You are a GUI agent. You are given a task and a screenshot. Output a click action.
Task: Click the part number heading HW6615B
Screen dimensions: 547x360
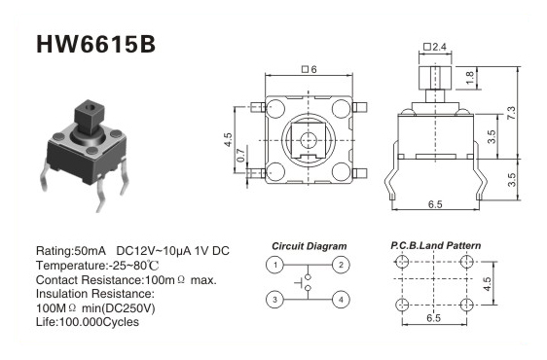pos(96,45)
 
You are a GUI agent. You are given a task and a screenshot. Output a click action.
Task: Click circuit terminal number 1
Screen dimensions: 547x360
pos(275,265)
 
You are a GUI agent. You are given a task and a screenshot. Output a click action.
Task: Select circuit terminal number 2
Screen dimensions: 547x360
pos(341,265)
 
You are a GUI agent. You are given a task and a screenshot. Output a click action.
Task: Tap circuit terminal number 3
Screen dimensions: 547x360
pos(275,300)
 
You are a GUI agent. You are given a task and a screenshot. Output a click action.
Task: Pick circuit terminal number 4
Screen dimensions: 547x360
pos(341,300)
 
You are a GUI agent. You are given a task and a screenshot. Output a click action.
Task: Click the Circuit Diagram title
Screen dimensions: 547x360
pos(310,246)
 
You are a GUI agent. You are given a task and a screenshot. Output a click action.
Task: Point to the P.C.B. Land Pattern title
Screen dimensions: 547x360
pos(435,245)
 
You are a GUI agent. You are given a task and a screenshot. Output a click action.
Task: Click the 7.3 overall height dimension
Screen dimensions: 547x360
pos(510,114)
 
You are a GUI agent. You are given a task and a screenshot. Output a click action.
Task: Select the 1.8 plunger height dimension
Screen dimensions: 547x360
pos(470,78)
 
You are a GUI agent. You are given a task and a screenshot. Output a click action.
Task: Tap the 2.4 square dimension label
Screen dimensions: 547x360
pos(435,47)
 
